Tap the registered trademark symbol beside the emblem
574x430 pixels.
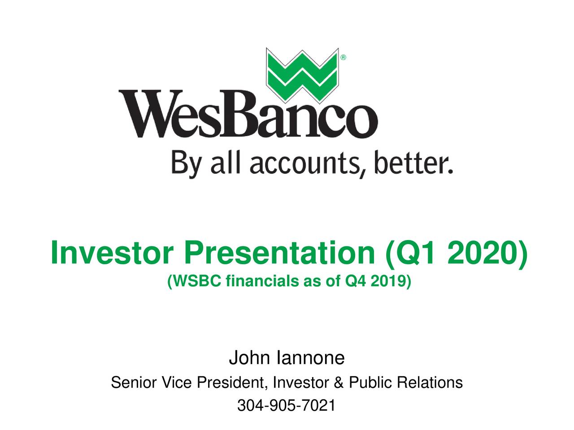pyautogui.click(x=343, y=58)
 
